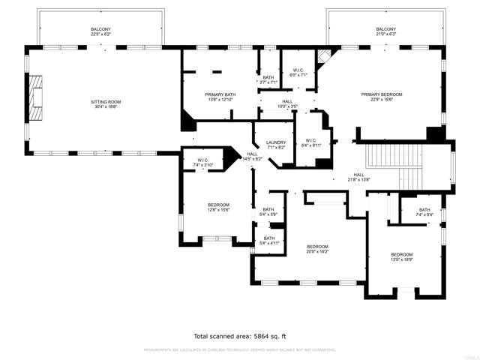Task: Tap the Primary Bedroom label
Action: point(382,94)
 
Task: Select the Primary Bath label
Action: point(220,94)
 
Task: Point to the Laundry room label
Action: point(276,142)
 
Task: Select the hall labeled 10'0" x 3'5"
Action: point(287,106)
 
